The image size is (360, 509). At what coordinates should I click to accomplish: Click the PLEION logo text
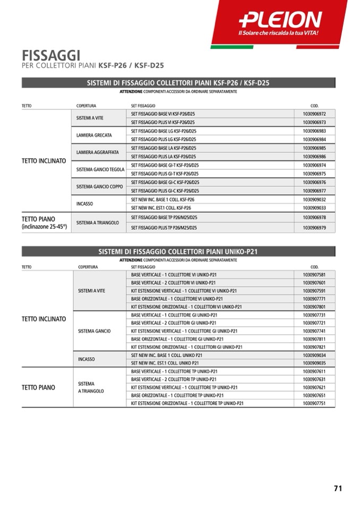(x=280, y=20)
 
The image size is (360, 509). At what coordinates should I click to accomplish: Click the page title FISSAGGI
(x=51, y=55)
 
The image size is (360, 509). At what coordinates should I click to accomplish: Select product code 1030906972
(x=314, y=114)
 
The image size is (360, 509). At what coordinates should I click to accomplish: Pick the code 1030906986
(x=314, y=157)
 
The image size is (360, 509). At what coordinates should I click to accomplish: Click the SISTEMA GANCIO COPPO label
(x=99, y=186)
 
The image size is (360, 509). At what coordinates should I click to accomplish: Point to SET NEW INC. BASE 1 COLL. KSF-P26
(x=162, y=200)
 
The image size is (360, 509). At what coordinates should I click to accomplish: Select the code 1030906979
(x=314, y=228)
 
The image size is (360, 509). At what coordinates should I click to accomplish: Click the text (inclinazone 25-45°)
(x=44, y=227)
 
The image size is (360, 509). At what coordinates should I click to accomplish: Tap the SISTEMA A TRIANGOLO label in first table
(x=98, y=222)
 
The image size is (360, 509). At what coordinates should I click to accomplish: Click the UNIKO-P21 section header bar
(x=178, y=252)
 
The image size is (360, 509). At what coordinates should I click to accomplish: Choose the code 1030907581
(x=314, y=275)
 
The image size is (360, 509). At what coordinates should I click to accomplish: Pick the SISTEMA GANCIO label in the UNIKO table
(x=95, y=331)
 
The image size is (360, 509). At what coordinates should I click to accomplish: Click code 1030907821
(x=314, y=347)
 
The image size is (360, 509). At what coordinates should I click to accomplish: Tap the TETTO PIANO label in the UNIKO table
(x=38, y=387)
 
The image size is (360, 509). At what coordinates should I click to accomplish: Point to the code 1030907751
(x=314, y=403)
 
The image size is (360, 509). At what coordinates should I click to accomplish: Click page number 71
(x=338, y=488)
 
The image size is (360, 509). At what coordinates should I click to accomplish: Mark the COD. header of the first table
(x=314, y=106)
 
